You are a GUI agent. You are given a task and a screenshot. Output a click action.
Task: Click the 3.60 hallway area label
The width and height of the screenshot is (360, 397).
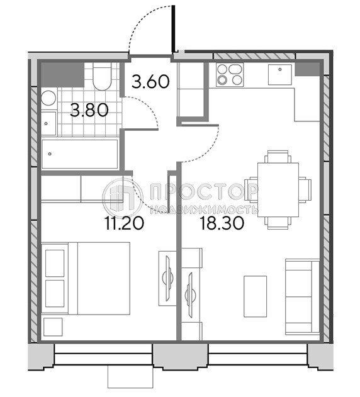(x=150, y=82)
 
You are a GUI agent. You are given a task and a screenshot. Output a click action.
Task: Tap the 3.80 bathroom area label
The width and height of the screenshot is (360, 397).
(x=89, y=111)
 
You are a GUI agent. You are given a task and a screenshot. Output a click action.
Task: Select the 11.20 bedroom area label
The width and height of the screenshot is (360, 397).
(x=125, y=223)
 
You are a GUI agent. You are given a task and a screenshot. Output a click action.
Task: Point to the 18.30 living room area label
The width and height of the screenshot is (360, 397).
(x=222, y=223)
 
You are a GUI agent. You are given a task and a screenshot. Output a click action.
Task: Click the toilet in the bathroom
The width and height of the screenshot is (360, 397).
(x=102, y=76)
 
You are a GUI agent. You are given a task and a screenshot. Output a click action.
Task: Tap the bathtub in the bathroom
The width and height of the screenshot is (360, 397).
(x=80, y=154)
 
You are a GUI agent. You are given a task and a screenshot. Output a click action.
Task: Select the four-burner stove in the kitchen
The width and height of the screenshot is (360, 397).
(x=230, y=74)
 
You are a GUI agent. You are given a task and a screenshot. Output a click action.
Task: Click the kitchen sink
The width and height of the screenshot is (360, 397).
(x=280, y=74)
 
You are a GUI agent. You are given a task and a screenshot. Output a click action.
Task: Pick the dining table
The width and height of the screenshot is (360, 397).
(x=278, y=190)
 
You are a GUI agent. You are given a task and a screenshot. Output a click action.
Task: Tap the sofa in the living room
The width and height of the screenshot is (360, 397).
(x=302, y=297)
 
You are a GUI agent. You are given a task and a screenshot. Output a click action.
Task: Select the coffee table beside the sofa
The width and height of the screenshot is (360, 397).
(x=255, y=296)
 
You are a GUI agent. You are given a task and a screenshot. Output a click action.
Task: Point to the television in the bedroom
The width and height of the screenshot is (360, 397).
(x=167, y=278)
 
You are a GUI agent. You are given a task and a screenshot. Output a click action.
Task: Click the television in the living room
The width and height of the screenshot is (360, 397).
(x=189, y=294)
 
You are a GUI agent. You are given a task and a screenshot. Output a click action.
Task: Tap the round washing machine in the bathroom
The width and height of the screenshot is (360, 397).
(x=48, y=98)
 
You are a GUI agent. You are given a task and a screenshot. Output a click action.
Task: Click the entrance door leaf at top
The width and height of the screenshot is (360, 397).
(x=173, y=28)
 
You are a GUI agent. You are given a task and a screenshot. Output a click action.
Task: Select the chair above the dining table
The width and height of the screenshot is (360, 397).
(x=278, y=157)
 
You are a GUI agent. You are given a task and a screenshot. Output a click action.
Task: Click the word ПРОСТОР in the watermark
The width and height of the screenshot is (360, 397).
(x=203, y=192)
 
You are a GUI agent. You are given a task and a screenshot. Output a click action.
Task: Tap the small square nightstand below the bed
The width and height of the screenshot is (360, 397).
(x=53, y=327)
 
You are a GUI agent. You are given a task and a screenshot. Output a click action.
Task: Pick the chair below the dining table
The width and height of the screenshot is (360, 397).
(x=278, y=223)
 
